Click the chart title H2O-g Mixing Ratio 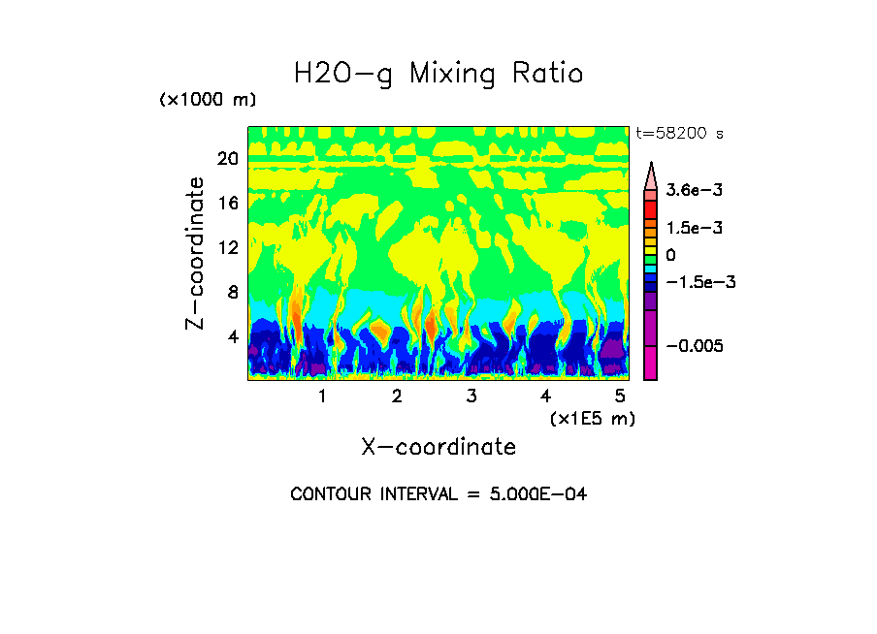438,74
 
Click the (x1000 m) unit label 208,100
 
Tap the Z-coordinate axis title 196,253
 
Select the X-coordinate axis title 438,446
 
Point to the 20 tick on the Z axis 227,159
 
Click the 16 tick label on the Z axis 227,204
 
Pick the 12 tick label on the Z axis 227,248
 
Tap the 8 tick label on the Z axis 232,293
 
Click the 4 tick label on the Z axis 232,337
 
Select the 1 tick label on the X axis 322,396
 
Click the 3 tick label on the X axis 471,396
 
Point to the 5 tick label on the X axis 620,396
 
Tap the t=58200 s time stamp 679,133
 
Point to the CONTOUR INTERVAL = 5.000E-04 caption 438,494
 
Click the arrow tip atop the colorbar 651,165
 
